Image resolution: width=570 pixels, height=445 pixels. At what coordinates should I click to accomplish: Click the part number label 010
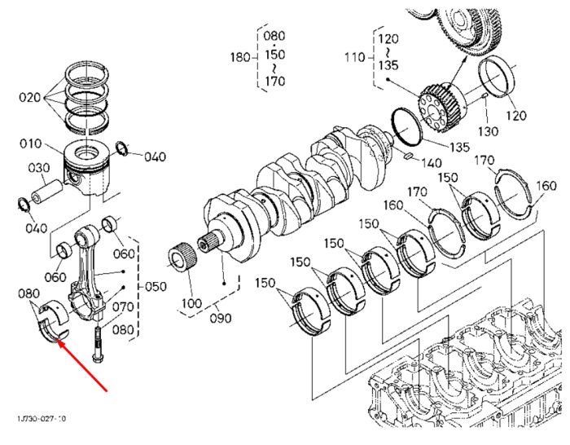(x=31, y=143)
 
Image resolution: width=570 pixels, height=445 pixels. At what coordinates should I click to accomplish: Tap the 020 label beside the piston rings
(x=30, y=98)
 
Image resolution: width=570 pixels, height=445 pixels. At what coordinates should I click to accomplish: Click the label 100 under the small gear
(x=191, y=303)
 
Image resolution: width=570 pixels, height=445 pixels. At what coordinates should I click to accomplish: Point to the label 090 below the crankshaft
(x=221, y=318)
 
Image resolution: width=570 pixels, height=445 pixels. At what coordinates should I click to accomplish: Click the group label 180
(x=240, y=57)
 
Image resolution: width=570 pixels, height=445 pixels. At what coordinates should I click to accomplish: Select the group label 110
(x=354, y=57)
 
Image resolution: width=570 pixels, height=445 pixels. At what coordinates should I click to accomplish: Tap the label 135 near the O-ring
(x=459, y=147)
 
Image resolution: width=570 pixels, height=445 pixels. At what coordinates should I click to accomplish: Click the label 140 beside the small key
(x=431, y=163)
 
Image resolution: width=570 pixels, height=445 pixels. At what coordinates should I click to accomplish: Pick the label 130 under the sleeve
(x=488, y=131)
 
